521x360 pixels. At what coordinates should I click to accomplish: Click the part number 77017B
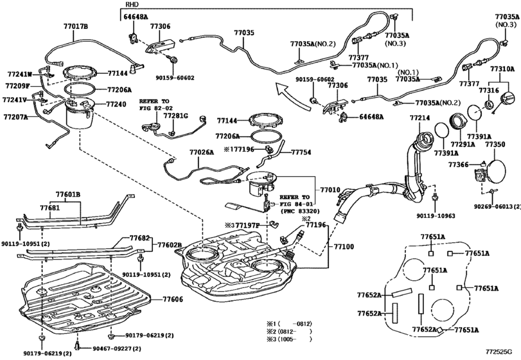point(76,26)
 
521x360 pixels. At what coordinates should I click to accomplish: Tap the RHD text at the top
point(132,4)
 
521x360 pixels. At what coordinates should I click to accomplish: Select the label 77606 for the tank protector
point(173,299)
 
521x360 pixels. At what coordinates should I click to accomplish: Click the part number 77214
point(419,118)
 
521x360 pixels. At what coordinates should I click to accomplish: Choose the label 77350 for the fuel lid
point(495,145)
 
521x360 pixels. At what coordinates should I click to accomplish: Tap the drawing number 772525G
point(499,352)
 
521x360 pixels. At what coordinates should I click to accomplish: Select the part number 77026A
point(201,152)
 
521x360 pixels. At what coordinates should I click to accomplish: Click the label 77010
point(330,190)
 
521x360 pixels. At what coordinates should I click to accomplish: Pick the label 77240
point(116,104)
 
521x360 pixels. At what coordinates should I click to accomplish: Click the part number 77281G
point(176,115)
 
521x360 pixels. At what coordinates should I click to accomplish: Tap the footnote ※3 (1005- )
point(289,339)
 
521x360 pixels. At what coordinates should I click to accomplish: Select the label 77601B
point(68,194)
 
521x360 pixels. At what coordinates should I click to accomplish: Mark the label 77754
point(301,152)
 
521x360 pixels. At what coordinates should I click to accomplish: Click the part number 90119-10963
point(436,216)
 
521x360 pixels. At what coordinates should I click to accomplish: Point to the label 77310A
point(502,69)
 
